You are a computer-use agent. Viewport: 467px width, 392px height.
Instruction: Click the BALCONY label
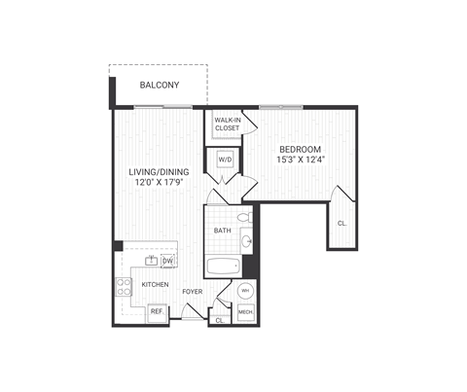pos(158,86)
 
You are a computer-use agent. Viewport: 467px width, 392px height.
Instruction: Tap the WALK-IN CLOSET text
pos(227,124)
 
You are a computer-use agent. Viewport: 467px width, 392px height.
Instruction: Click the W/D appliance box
pos(225,159)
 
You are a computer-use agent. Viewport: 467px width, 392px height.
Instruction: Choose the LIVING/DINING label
pos(159,172)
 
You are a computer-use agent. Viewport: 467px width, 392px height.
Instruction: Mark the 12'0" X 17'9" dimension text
pos(159,184)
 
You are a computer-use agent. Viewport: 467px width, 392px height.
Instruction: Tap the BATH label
pos(222,231)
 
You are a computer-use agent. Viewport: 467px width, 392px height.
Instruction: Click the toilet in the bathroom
pos(244,217)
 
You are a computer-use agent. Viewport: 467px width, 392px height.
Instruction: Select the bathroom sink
pos(247,240)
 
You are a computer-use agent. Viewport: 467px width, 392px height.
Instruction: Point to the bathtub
pos(223,266)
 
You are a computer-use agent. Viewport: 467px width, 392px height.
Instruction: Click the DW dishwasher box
pos(167,261)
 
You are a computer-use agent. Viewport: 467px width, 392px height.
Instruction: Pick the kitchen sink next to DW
pos(152,261)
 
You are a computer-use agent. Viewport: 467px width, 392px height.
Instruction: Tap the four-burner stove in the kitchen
pos(125,286)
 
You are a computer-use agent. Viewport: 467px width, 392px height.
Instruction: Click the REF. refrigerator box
pos(156,311)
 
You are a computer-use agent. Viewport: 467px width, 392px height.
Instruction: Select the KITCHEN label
pos(156,285)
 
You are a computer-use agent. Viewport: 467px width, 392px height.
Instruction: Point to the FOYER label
pos(192,289)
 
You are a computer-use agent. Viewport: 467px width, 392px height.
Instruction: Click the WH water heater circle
pos(245,291)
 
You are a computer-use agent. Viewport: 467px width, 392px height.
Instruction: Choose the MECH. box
pos(245,312)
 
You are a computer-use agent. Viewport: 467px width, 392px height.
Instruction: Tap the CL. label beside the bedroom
pos(341,223)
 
